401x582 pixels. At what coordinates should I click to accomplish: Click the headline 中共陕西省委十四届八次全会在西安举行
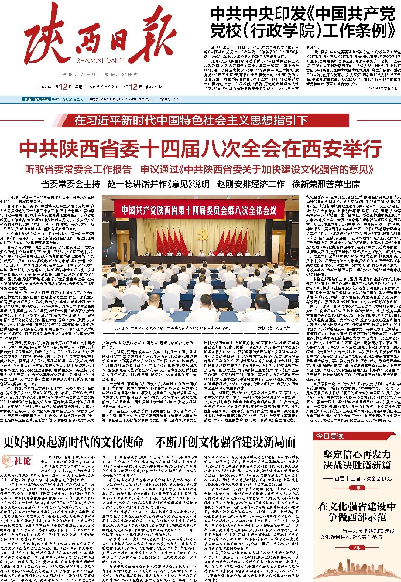(x=200, y=148)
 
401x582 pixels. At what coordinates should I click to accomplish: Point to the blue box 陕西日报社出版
(x=36, y=99)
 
